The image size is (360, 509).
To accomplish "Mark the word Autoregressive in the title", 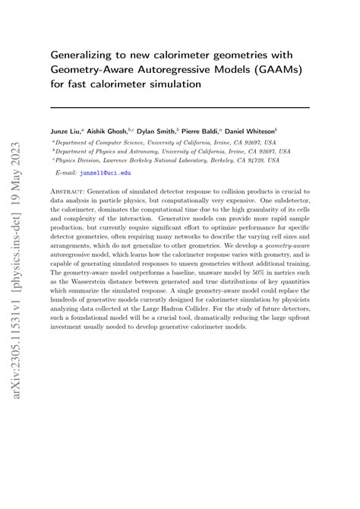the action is tap(169, 69).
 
